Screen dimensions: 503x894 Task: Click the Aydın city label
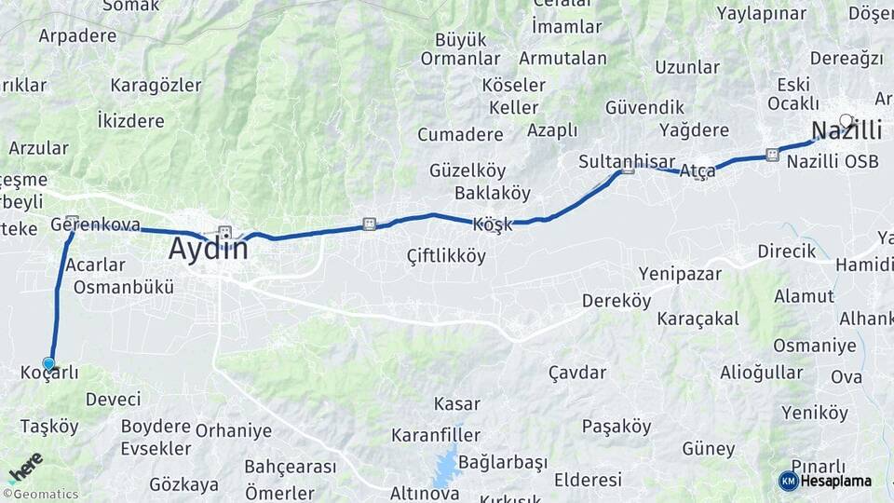click(x=209, y=250)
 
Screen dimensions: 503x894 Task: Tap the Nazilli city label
click(x=847, y=129)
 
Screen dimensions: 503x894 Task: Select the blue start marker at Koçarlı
click(x=48, y=364)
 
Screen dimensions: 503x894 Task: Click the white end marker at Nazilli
click(x=846, y=119)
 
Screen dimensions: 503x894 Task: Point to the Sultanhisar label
click(x=614, y=161)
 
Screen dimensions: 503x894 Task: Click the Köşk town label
click(x=493, y=225)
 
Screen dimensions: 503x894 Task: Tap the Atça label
click(x=698, y=171)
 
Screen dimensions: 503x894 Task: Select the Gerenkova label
click(x=95, y=224)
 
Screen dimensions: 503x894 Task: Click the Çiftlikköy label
click(x=446, y=255)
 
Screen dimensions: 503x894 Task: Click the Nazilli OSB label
click(x=833, y=161)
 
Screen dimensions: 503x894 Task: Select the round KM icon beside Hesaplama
click(x=788, y=481)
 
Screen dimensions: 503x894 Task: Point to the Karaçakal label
click(x=698, y=319)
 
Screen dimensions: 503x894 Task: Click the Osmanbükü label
click(x=124, y=287)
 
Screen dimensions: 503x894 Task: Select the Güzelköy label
click(x=467, y=170)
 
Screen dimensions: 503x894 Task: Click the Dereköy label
click(x=616, y=301)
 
